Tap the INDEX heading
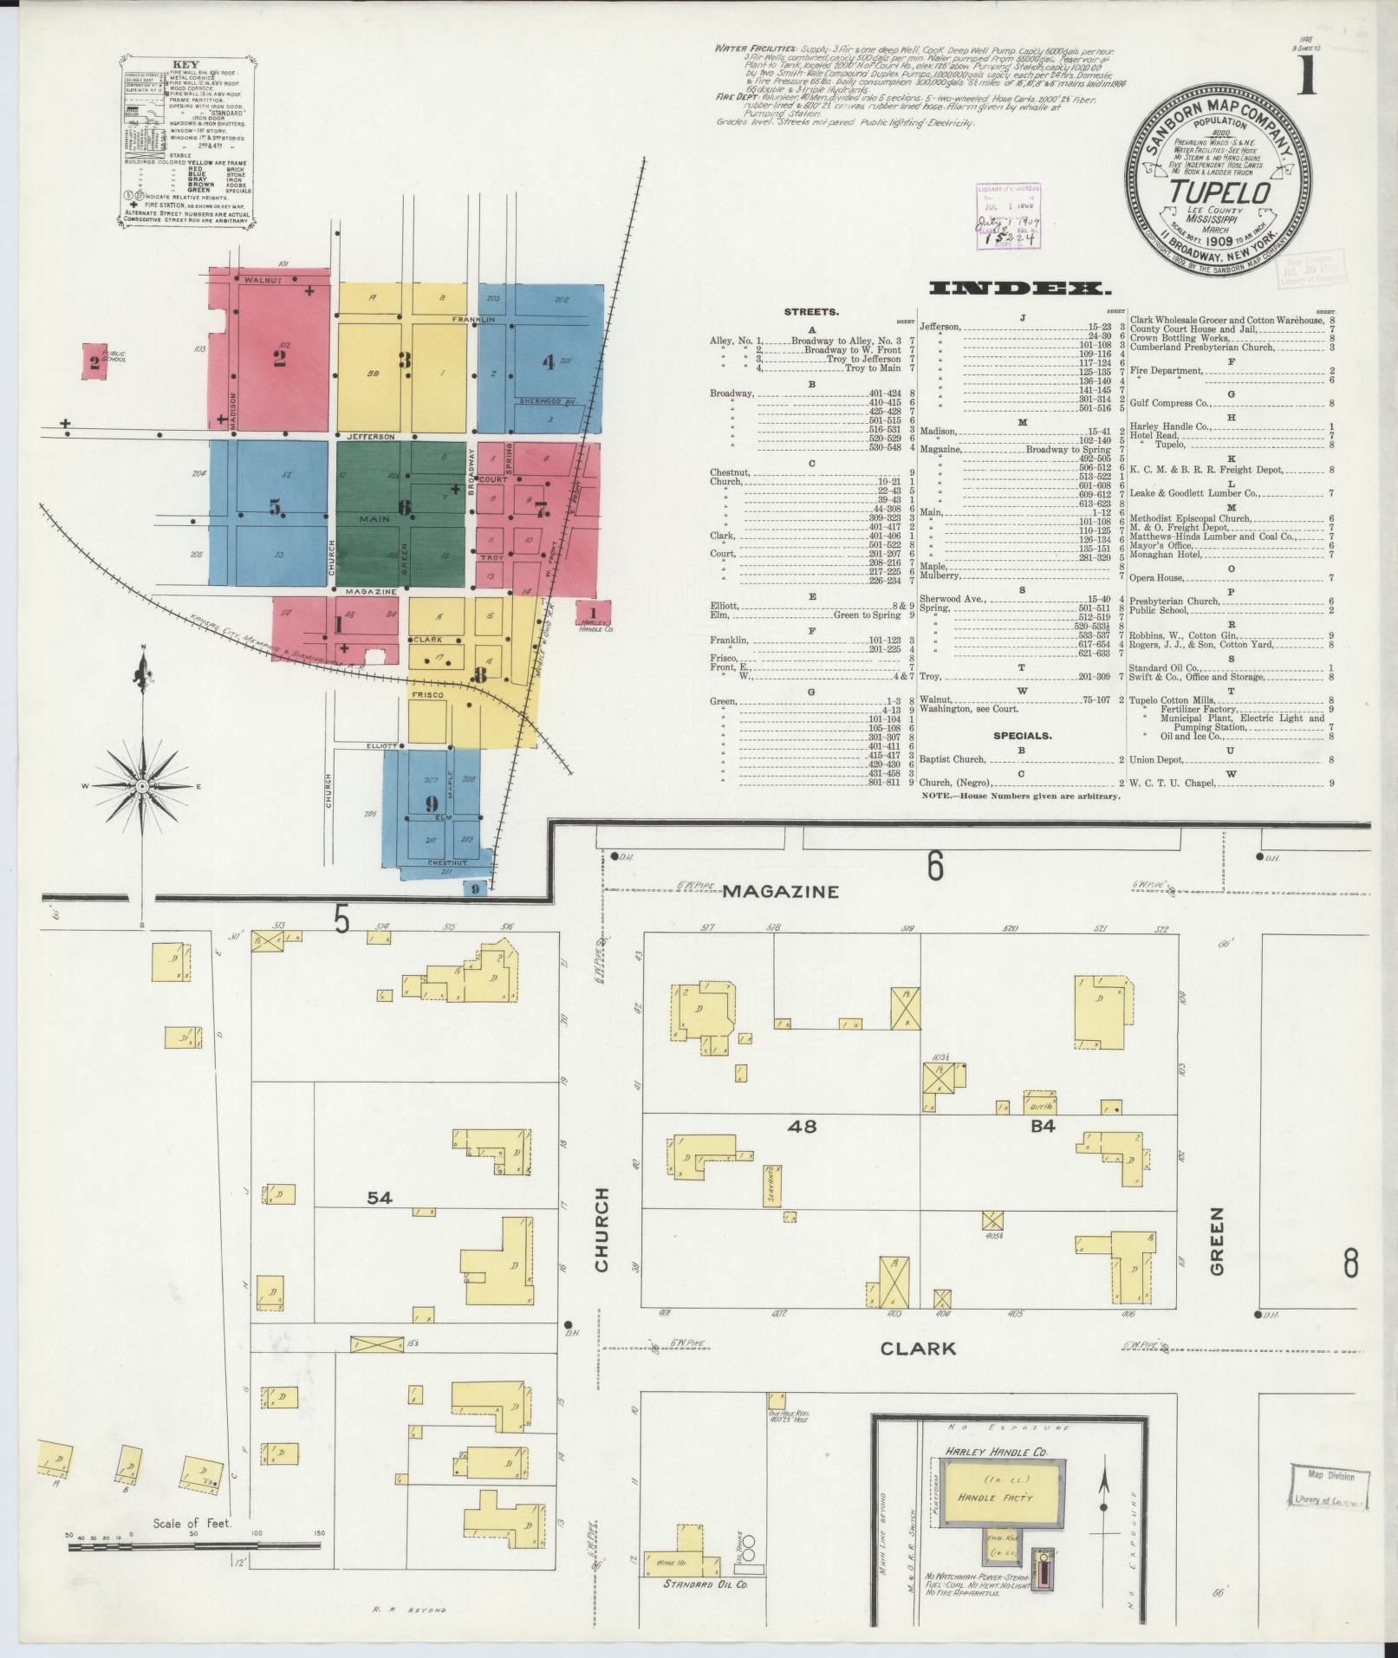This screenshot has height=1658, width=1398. click(x=1019, y=289)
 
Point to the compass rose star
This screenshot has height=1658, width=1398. click(x=141, y=785)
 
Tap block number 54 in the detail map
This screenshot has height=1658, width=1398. click(x=380, y=1198)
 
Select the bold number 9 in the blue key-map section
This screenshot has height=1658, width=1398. click(x=432, y=803)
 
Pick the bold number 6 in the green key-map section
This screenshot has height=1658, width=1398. click(x=405, y=508)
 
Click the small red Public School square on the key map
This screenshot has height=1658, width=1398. click(x=94, y=361)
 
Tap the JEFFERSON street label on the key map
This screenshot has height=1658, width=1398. click(x=371, y=436)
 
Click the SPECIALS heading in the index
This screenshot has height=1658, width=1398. click(x=1023, y=736)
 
